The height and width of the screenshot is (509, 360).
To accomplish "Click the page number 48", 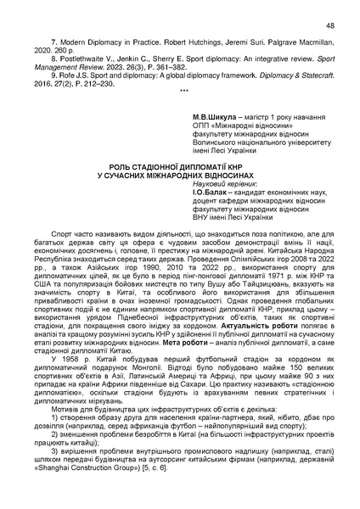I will pos(330,26).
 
